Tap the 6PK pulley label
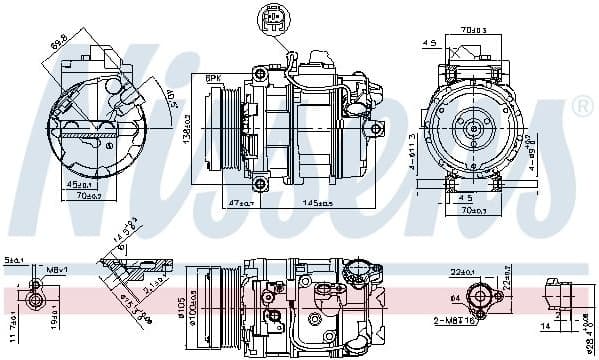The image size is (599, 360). click(213, 79)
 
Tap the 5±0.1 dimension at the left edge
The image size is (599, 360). click(12, 260)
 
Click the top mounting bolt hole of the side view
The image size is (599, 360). click(261, 75)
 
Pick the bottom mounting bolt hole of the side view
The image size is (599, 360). click(261, 183)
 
